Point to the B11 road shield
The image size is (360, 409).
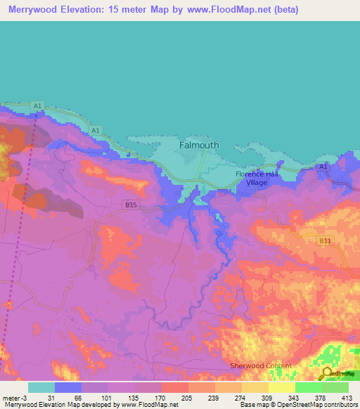tap(324, 241)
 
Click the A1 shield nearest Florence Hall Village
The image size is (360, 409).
tap(323, 167)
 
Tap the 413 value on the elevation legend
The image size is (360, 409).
tap(347, 398)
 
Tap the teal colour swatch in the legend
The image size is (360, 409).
tap(41, 387)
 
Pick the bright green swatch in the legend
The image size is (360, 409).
tap(308, 387)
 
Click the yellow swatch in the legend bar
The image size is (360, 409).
tap(281, 387)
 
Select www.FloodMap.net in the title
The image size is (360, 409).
tap(226, 9)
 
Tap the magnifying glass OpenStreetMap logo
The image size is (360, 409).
tap(328, 373)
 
